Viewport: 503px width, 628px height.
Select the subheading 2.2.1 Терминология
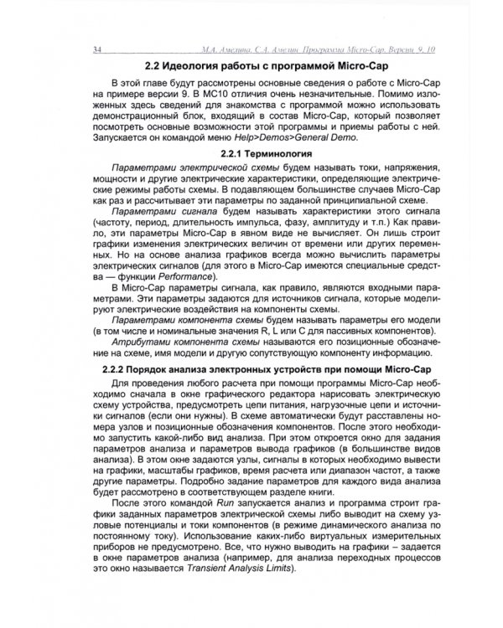point(263,155)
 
